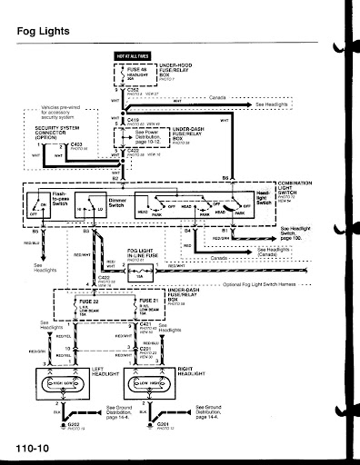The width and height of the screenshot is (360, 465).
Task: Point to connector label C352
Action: click(x=133, y=90)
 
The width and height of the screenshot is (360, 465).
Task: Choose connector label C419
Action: click(x=133, y=120)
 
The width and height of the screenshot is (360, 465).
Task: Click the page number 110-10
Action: click(x=31, y=449)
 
